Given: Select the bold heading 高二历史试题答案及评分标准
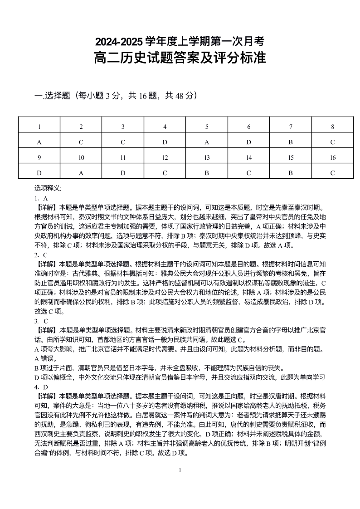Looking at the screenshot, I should (180, 59).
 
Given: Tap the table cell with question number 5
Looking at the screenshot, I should (207, 127).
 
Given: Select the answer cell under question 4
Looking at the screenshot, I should (165, 142).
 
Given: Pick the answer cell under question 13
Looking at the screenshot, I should (207, 172).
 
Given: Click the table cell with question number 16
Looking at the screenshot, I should (333, 157).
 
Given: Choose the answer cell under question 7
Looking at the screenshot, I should (291, 142).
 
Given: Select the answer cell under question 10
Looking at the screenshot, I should (81, 172).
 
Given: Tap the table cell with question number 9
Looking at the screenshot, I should (39, 157).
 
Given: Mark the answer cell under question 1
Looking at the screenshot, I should (39, 142).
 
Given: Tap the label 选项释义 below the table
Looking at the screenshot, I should (48, 188).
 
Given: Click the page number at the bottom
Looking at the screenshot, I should (180, 470).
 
